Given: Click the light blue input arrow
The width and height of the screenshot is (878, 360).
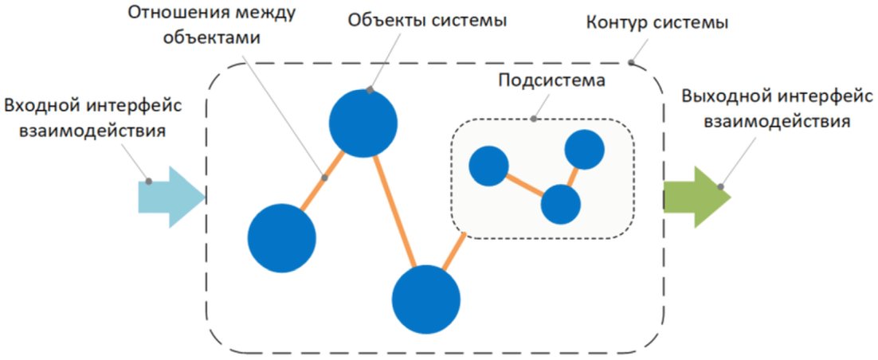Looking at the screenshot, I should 170,196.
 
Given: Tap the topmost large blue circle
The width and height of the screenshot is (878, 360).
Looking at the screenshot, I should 363,123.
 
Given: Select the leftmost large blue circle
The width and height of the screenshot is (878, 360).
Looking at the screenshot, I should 281,237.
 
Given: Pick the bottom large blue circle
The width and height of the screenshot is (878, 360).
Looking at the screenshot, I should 426,299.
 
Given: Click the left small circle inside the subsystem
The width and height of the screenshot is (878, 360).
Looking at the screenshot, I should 488,166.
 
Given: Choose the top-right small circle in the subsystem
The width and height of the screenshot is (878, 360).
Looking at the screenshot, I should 584,150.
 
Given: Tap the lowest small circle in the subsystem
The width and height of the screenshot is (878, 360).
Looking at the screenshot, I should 560,204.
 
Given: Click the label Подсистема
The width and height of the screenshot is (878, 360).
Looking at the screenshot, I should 551,81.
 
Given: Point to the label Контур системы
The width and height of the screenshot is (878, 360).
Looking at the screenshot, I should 657,22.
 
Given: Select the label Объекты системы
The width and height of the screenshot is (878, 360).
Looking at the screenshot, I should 427,21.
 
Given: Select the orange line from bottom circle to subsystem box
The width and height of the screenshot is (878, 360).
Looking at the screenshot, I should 454,252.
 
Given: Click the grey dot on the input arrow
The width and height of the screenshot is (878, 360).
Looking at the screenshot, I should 148,181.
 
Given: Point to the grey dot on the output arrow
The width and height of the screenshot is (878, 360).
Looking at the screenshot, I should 721,187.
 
